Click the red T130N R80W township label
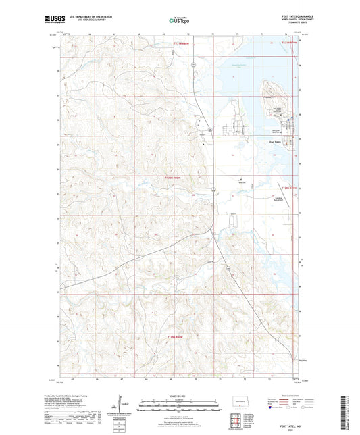pyautogui.click(x=174, y=178)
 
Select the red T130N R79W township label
pyautogui.click(x=289, y=178)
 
